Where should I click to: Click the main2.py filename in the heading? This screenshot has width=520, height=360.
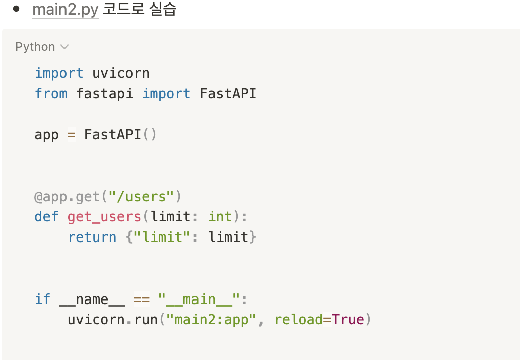coord(65,10)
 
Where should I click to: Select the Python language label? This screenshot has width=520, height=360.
coord(35,47)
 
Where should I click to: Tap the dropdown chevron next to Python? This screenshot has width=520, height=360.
coord(64,47)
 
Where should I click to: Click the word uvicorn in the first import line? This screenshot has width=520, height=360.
coord(121,73)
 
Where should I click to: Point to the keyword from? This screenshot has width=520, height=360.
coord(51,94)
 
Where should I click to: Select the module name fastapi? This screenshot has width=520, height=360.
coord(105,94)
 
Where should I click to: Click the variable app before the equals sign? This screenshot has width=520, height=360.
coord(46,135)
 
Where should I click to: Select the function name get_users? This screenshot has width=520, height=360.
coord(104,217)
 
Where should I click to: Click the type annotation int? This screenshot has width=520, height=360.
coord(220,217)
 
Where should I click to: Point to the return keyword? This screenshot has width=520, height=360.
coord(92,237)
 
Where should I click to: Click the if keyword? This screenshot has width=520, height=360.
coord(42,299)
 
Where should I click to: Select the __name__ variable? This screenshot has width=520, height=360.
coord(92,299)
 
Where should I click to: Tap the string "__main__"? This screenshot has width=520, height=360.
coord(200,299)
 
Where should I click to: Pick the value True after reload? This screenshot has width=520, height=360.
coord(348,320)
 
